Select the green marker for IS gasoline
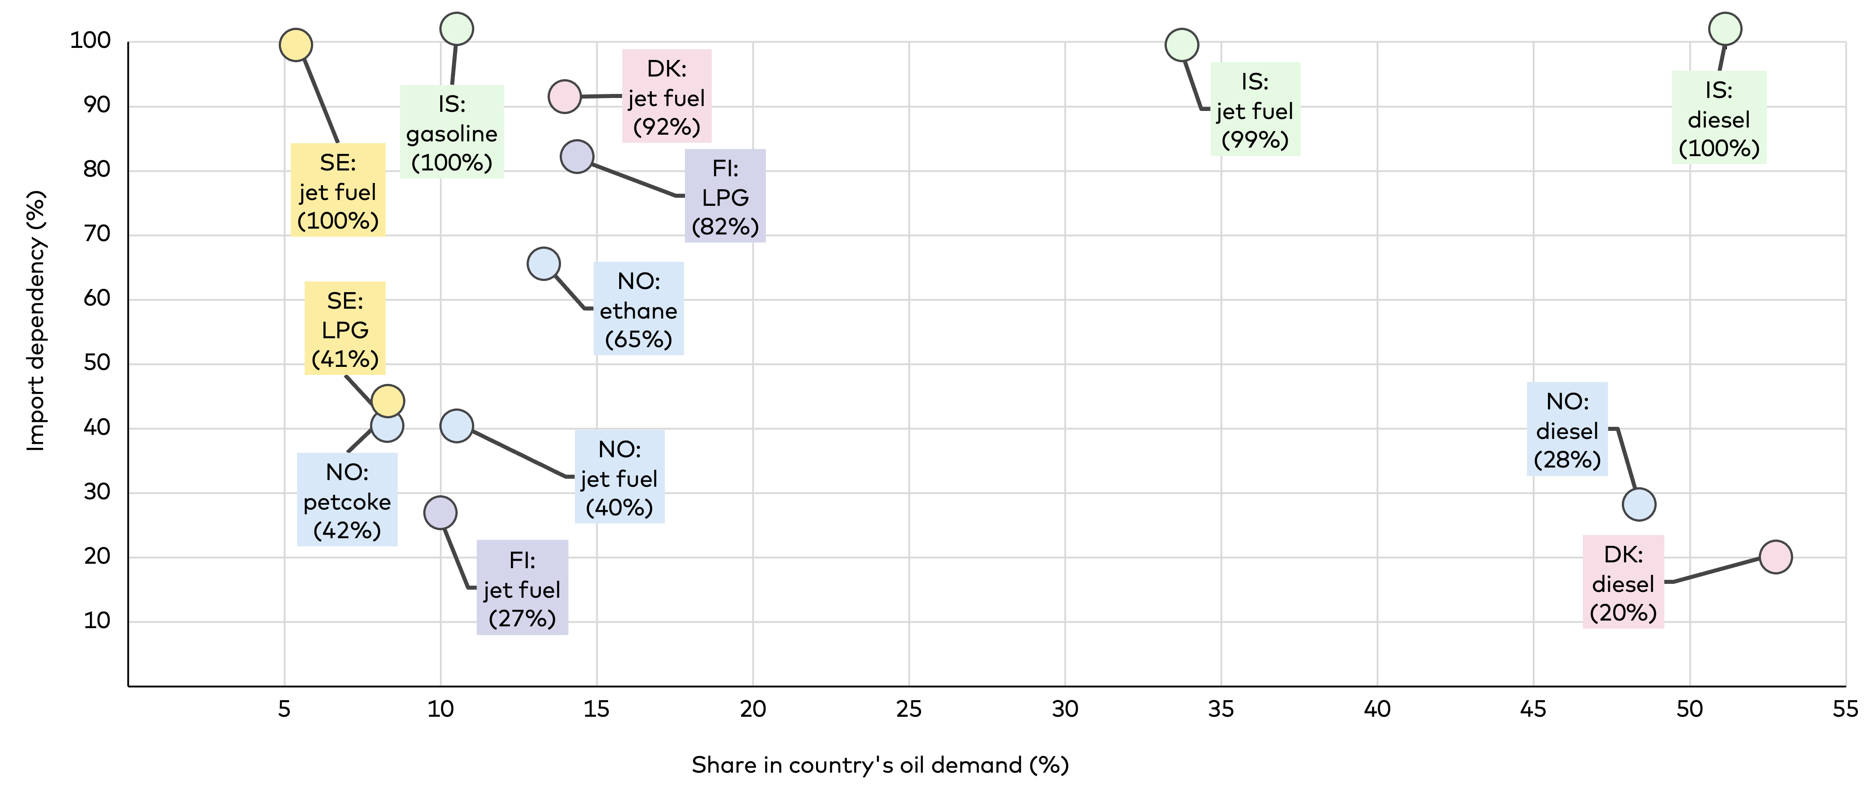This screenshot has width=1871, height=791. pyautogui.click(x=457, y=29)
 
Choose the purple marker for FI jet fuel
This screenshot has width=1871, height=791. pyautogui.click(x=440, y=513)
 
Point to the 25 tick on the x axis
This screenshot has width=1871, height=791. pyautogui.click(x=909, y=710)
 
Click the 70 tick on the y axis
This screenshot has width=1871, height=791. pyautogui.click(x=97, y=234)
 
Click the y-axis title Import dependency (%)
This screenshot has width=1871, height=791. pyautogui.click(x=36, y=321)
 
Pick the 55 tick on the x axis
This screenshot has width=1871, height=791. pyautogui.click(x=1845, y=710)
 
